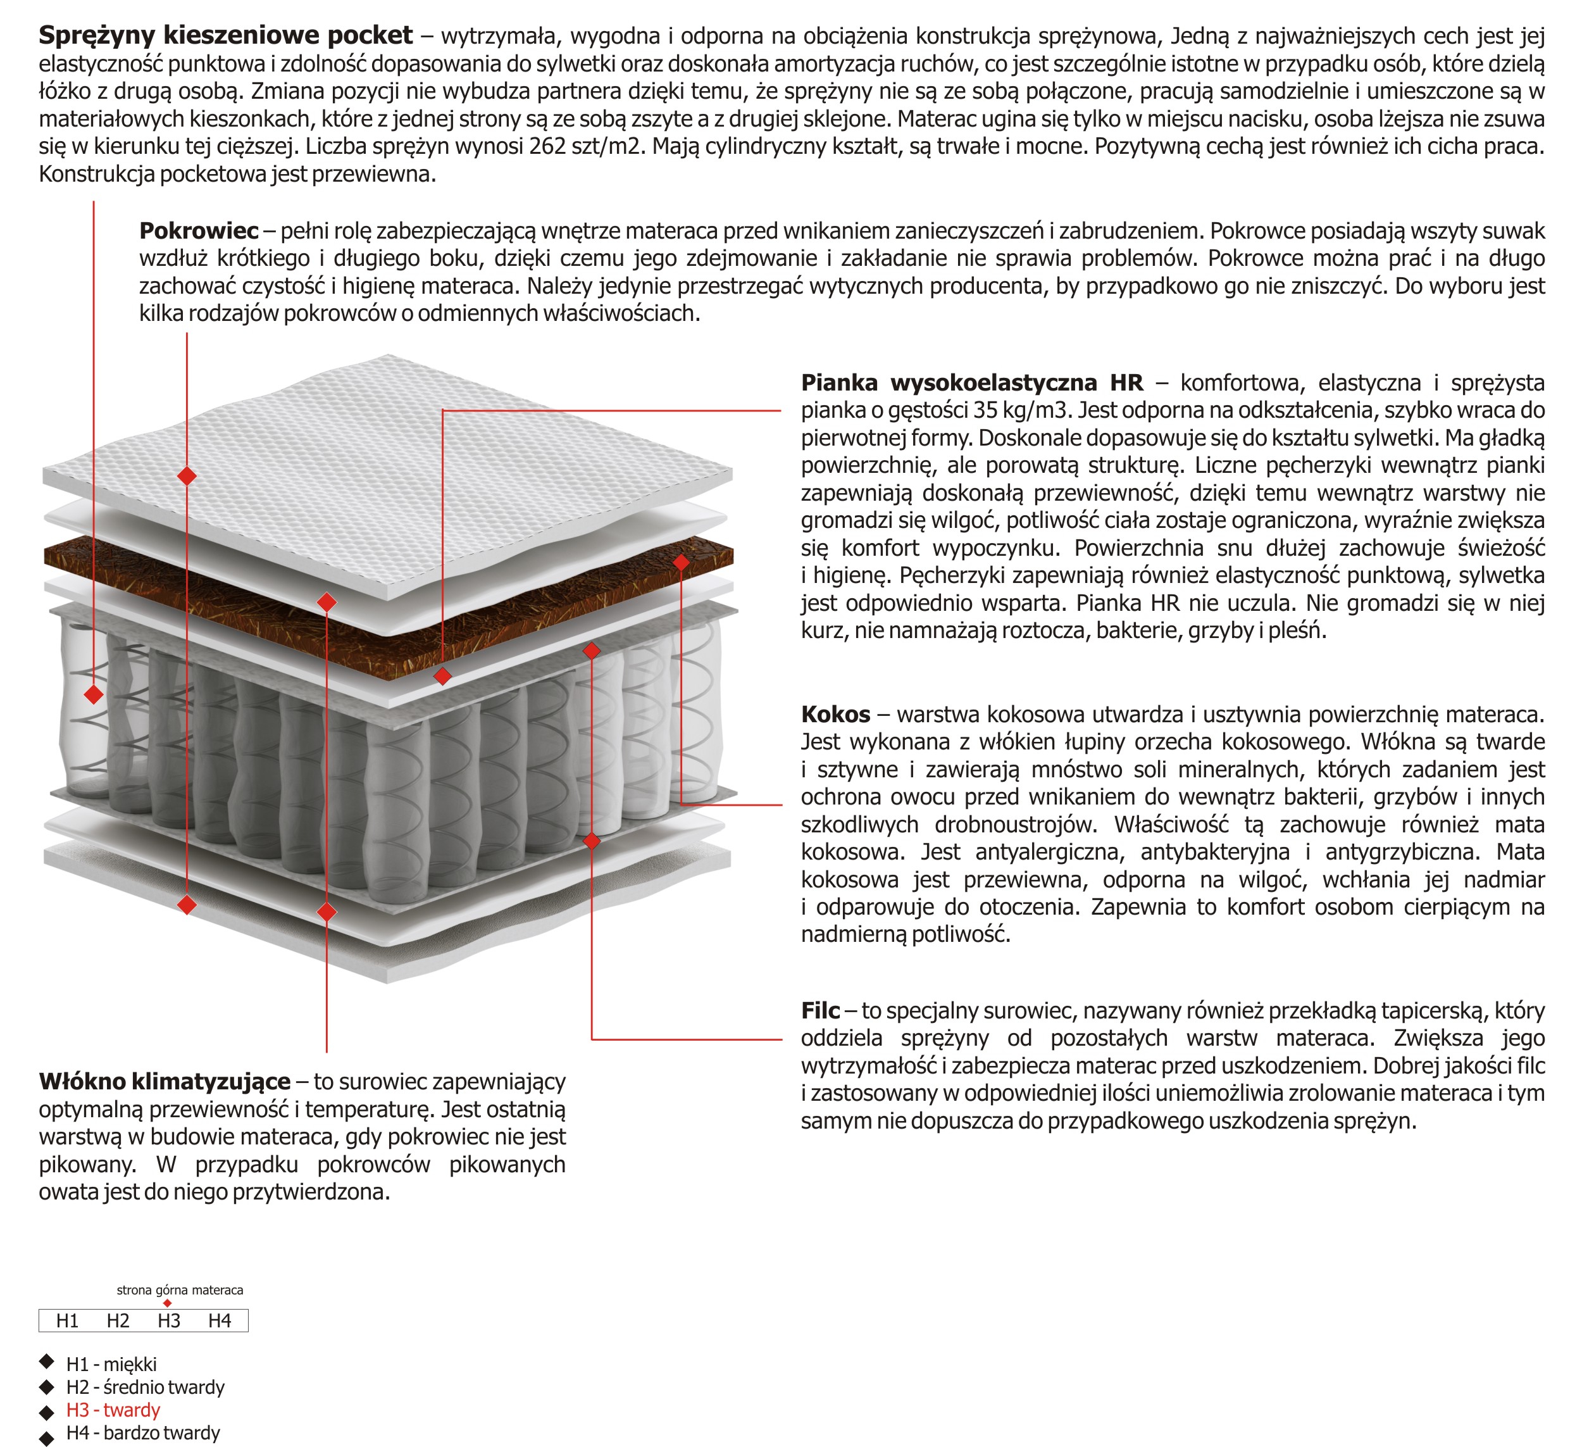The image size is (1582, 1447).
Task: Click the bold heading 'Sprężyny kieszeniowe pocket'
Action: (225, 35)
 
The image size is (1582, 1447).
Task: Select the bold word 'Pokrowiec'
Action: (199, 231)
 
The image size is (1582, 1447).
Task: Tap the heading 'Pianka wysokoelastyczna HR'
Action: (971, 383)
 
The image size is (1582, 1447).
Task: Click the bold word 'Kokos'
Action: (835, 715)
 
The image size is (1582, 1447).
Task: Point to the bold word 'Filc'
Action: (820, 1010)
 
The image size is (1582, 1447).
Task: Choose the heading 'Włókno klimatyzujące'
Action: (165, 1082)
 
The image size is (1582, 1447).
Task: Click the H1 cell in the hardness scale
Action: (68, 1320)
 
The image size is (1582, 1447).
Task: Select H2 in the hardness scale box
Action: (118, 1320)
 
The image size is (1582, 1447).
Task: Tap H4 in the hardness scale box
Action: (220, 1320)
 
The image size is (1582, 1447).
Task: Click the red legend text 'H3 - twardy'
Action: (113, 1410)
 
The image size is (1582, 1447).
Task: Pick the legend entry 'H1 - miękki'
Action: (111, 1365)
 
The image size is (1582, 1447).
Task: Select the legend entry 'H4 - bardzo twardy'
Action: (143, 1433)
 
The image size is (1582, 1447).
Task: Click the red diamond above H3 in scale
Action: (167, 1303)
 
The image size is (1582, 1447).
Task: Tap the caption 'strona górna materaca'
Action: (180, 1290)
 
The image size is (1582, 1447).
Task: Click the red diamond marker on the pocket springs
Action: (94, 695)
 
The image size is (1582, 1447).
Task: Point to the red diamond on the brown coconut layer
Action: (681, 562)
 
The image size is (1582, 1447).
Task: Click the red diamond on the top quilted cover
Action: (187, 476)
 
